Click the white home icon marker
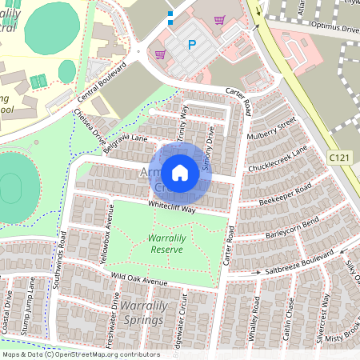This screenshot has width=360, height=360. [x=180, y=171]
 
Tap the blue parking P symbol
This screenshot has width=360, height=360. [x=191, y=46]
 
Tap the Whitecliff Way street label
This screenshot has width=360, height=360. [x=171, y=207]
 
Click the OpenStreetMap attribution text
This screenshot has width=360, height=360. [x=80, y=354]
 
